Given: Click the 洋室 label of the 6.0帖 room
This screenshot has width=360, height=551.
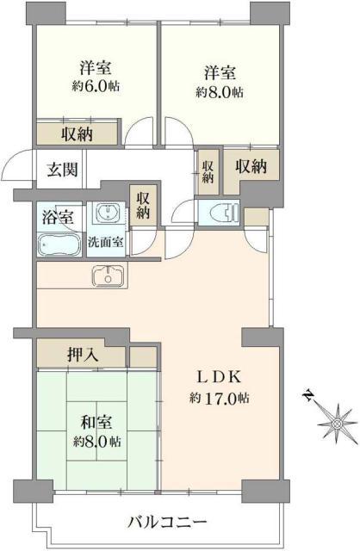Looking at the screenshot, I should (x=95, y=67).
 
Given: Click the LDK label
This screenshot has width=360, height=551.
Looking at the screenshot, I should (x=220, y=376).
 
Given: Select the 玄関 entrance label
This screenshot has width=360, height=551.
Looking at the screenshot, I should (x=60, y=169).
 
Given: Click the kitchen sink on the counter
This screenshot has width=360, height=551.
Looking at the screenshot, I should (x=108, y=276).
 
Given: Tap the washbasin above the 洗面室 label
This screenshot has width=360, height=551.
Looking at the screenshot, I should (x=107, y=214).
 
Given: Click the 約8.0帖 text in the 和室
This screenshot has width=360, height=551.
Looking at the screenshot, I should (x=96, y=441).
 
